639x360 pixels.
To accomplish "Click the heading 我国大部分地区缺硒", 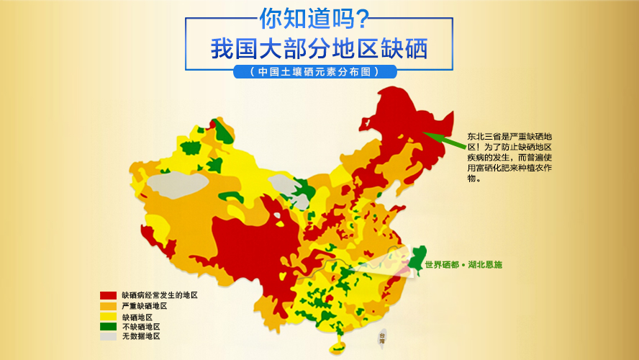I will (319, 50).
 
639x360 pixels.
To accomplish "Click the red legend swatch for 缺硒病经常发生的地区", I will (108, 295).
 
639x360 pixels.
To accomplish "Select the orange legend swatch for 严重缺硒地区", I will (108, 306).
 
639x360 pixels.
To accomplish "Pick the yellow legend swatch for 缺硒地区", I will (108, 316).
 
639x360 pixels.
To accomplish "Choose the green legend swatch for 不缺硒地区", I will (108, 326).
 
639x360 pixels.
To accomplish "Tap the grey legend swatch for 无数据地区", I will (108, 336).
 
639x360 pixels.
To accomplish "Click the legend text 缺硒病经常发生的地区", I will (159, 295).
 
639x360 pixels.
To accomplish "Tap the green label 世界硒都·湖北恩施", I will (463, 265).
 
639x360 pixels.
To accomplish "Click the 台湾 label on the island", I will (381, 337).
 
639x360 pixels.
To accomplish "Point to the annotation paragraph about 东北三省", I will (509, 156).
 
